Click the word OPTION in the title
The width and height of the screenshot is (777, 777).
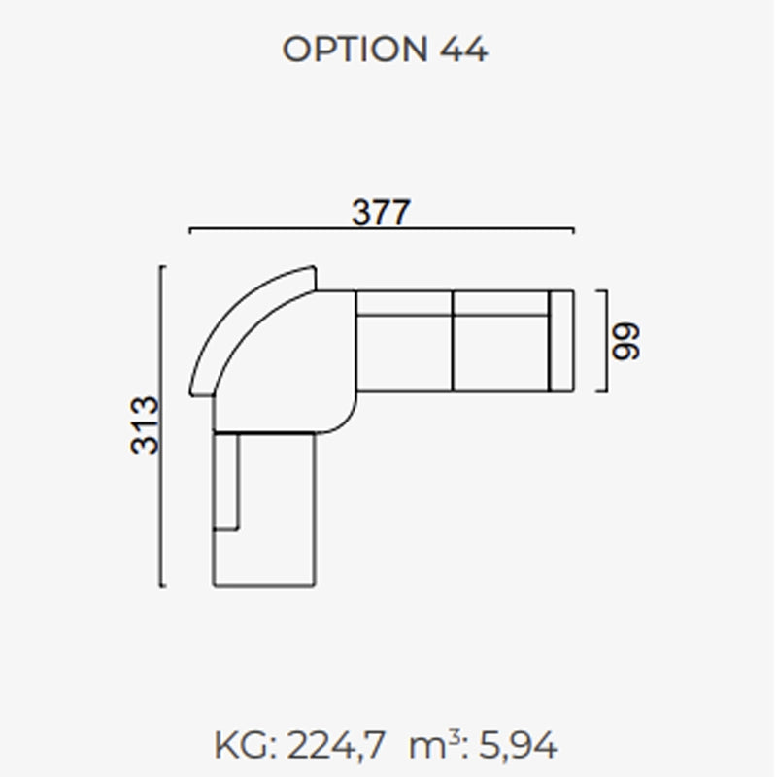coord(355,50)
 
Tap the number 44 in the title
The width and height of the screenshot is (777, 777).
coord(463,50)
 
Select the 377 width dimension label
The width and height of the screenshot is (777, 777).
coord(381,213)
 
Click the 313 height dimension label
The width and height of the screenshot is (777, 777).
coord(144,425)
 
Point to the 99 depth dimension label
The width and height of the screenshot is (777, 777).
coord(625,341)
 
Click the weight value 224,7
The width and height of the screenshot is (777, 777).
coord(336,745)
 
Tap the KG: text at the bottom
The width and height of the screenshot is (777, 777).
coord(246,745)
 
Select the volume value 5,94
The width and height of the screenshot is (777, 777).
coord(518,745)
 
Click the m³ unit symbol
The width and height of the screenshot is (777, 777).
coord(434,744)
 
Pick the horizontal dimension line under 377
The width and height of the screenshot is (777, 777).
coord(382,229)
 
